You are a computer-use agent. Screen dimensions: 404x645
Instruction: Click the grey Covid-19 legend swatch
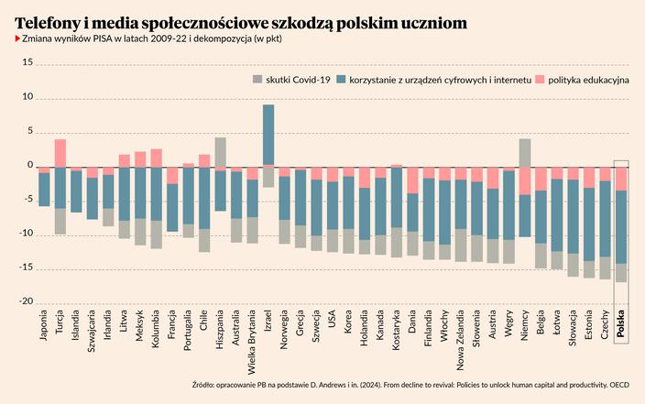coord(257,81)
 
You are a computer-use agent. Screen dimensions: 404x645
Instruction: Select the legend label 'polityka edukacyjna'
coord(589,81)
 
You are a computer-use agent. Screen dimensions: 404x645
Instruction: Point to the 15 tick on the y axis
coord(27,63)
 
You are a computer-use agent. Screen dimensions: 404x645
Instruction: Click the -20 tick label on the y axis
coord(26,301)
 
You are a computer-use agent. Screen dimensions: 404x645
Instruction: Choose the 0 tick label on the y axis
coord(29,166)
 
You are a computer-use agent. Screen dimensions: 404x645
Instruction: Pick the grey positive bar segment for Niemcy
coord(525,152)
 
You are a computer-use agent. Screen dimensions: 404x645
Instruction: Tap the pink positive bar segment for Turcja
coord(60,152)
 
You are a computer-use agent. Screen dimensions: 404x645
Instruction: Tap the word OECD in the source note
coord(620,386)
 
